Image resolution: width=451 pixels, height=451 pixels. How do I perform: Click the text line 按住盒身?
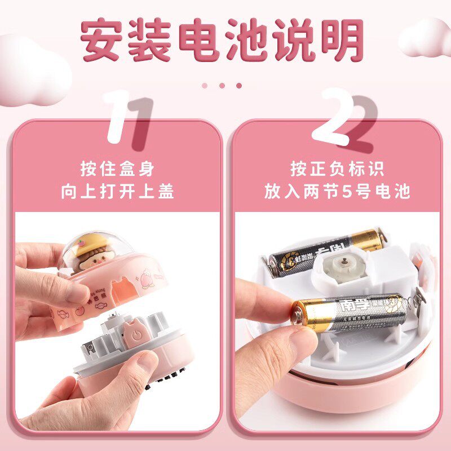point(117,169)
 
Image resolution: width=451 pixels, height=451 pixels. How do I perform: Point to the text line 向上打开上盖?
point(117,191)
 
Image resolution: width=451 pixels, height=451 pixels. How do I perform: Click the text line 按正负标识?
point(337,169)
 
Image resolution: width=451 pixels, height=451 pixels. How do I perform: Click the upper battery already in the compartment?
point(327,251)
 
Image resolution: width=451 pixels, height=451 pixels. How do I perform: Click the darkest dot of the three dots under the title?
point(238,86)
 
